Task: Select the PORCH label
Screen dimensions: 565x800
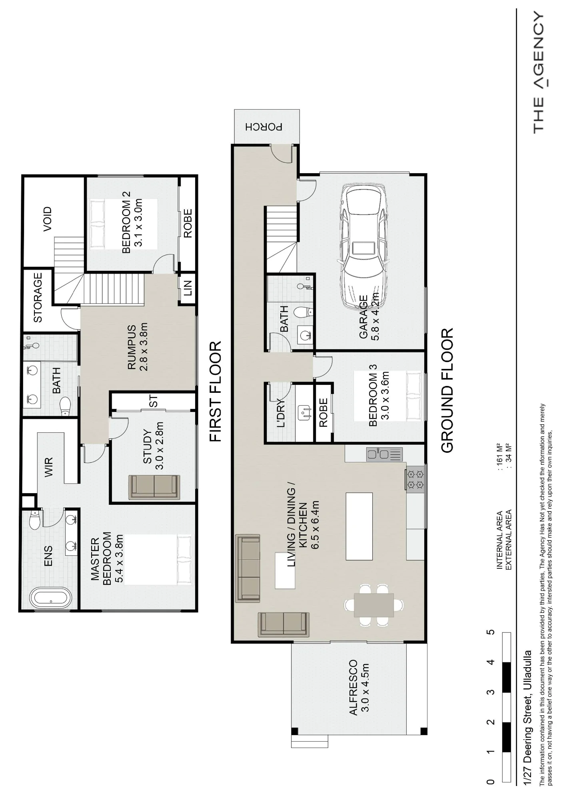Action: coord(264,127)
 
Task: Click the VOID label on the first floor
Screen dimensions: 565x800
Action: coord(48,219)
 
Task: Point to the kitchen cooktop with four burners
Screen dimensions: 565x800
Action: coord(415,480)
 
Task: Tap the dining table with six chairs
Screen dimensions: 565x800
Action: coord(374,605)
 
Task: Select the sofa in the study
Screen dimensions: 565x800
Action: coord(154,487)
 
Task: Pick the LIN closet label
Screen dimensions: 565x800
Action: coord(188,288)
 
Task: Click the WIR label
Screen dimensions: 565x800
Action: coord(49,467)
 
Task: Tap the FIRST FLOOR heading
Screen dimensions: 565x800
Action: coord(216,391)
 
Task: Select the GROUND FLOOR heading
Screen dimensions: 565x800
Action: coord(447,390)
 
